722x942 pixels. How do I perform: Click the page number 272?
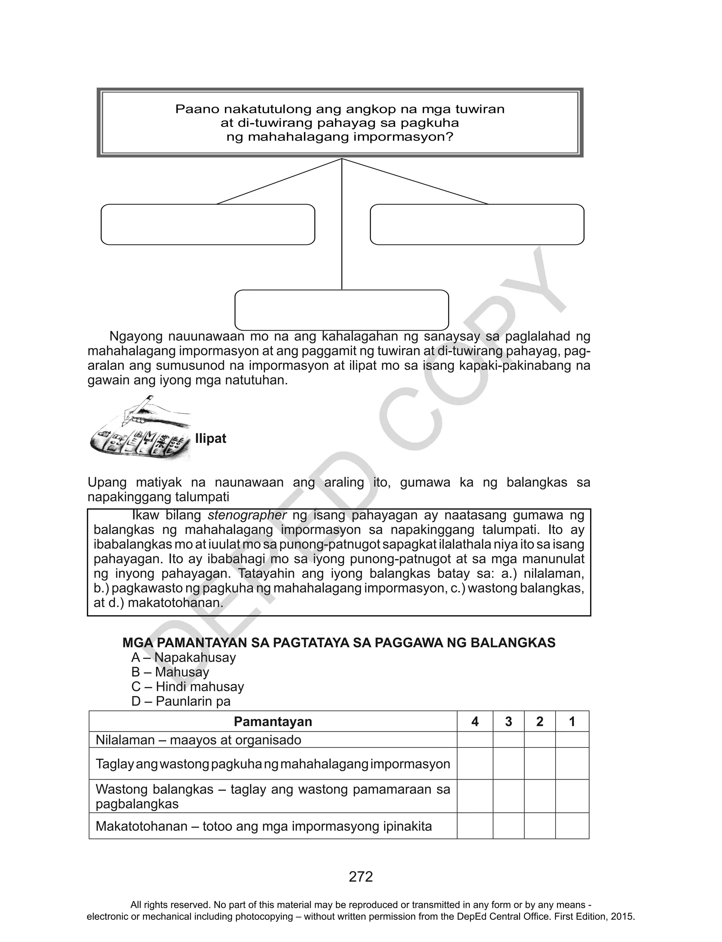[x=361, y=877]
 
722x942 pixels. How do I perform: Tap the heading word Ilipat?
[x=210, y=439]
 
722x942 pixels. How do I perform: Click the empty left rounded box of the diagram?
[x=208, y=224]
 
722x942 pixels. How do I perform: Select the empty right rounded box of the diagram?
[x=477, y=224]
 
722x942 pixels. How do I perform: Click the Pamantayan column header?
[x=273, y=721]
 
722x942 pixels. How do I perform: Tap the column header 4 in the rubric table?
[x=475, y=721]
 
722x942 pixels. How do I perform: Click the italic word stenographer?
[x=247, y=515]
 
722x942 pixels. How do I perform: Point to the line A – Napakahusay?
[x=184, y=658]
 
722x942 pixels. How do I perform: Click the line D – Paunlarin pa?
[x=181, y=702]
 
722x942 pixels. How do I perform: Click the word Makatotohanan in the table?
[x=141, y=826]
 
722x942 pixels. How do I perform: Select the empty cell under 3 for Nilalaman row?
[x=508, y=740]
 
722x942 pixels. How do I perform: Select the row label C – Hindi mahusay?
[x=188, y=687]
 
